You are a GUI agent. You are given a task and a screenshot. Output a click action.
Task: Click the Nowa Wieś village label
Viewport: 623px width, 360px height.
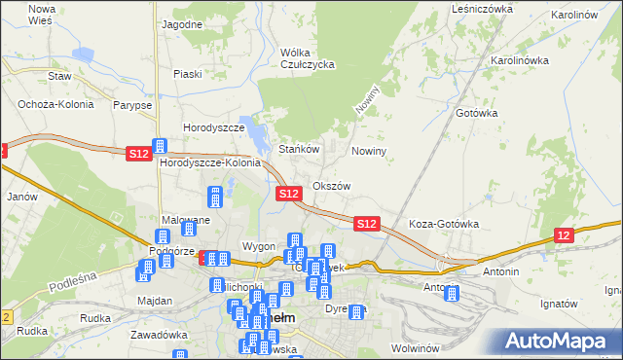pos(41,14)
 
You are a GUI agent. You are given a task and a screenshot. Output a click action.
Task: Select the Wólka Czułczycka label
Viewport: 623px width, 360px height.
pos(307,58)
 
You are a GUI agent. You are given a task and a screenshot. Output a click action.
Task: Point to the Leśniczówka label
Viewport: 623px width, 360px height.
pos(482,9)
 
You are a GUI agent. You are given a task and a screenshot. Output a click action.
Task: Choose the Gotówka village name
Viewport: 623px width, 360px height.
pos(477,113)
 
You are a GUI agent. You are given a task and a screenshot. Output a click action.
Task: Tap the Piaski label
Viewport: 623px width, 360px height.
pos(187,74)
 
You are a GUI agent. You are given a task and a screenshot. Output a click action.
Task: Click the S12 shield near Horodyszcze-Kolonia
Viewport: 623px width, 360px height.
pos(138,153)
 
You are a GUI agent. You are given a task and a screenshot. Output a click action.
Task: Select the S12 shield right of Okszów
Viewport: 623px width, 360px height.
pos(366,224)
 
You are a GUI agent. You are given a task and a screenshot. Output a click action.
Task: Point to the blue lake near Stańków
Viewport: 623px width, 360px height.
pos(255,133)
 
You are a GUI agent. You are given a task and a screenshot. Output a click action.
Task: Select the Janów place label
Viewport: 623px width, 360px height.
pos(20,196)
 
